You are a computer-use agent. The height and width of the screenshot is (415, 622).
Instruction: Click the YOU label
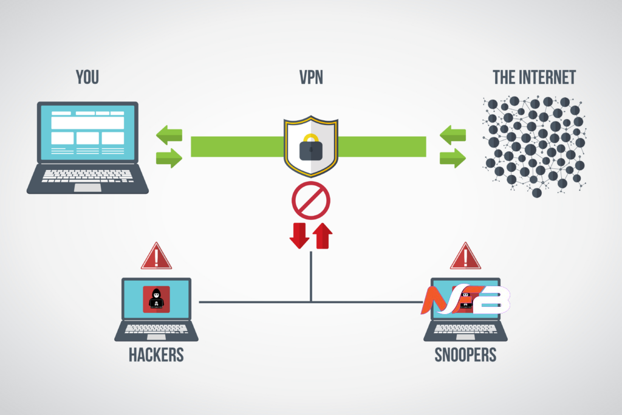[x=87, y=77]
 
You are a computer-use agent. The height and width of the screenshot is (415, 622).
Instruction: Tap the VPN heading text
[x=310, y=77]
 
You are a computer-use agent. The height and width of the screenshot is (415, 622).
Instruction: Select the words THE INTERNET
[x=535, y=77]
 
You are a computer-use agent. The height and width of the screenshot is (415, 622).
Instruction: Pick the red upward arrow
[x=323, y=236]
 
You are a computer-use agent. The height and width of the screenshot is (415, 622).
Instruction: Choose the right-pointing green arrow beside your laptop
[x=169, y=159]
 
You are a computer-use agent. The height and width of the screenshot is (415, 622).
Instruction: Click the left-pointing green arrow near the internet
[x=453, y=134]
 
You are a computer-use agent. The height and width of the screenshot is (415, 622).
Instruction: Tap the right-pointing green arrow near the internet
[x=453, y=159]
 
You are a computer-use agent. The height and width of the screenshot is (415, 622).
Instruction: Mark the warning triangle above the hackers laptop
[x=156, y=256]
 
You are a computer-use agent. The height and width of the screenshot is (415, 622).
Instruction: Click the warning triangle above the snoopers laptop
[x=465, y=256]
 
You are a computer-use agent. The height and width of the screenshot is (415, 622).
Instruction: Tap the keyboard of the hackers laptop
[x=156, y=328]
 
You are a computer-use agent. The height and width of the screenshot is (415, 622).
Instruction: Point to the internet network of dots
[x=535, y=146]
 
